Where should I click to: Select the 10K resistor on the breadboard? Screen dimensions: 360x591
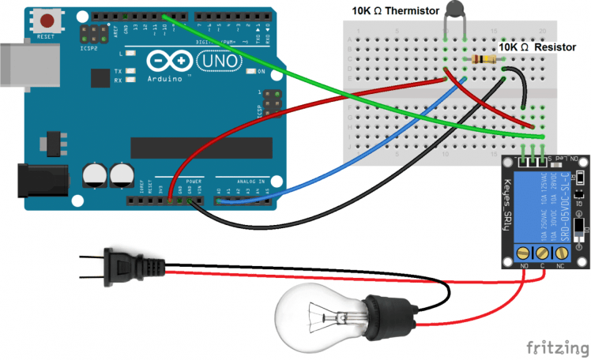tap(476, 60)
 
